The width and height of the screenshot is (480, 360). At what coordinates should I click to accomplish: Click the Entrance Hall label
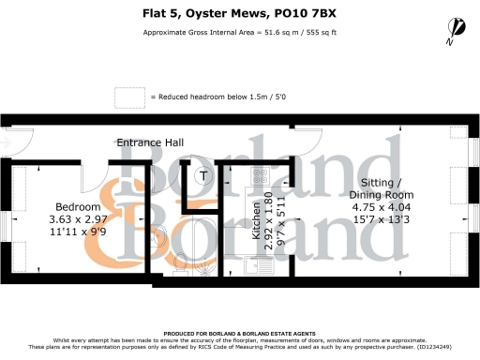pos(150,142)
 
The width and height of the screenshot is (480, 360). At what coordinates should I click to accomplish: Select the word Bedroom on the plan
pos(78,207)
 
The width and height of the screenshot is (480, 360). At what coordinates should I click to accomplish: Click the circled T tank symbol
pos(203,174)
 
